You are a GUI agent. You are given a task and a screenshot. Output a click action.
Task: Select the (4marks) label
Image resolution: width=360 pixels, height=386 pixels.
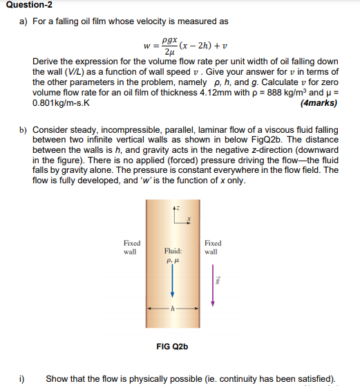tap(319, 104)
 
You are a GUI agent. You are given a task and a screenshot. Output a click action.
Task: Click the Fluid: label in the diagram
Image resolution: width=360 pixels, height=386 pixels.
tap(172, 252)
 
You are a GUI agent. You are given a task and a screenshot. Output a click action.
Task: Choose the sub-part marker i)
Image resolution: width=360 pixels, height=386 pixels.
tap(22, 378)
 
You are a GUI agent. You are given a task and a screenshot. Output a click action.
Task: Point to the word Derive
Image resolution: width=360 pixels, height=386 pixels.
tap(46, 62)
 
